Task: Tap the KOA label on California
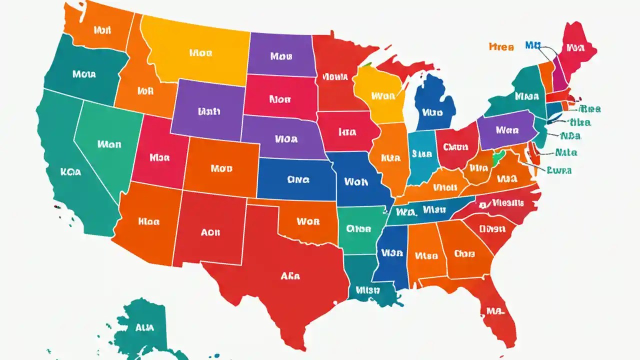pyautogui.click(x=70, y=171)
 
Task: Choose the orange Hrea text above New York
pyautogui.click(x=500, y=47)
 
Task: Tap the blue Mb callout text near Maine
pyautogui.click(x=533, y=45)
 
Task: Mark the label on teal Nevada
pyautogui.click(x=109, y=144)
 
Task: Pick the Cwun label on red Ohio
pyautogui.click(x=455, y=147)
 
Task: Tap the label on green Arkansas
pyautogui.click(x=358, y=229)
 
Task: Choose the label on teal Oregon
pyautogui.click(x=84, y=74)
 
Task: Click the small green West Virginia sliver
pyautogui.click(x=496, y=159)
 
